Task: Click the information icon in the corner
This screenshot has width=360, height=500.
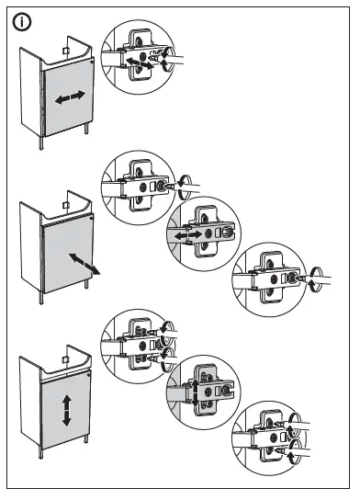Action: pos(19,21)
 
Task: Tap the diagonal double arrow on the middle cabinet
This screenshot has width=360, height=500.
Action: pos(84,263)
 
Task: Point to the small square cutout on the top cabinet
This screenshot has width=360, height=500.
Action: pos(66,49)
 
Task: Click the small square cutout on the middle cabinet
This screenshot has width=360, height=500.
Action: pos(66,199)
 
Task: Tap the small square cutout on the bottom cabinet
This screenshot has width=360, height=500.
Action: pos(66,349)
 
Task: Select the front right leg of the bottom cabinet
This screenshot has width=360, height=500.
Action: pos(87,448)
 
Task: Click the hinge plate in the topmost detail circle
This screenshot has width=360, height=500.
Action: pos(140,55)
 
